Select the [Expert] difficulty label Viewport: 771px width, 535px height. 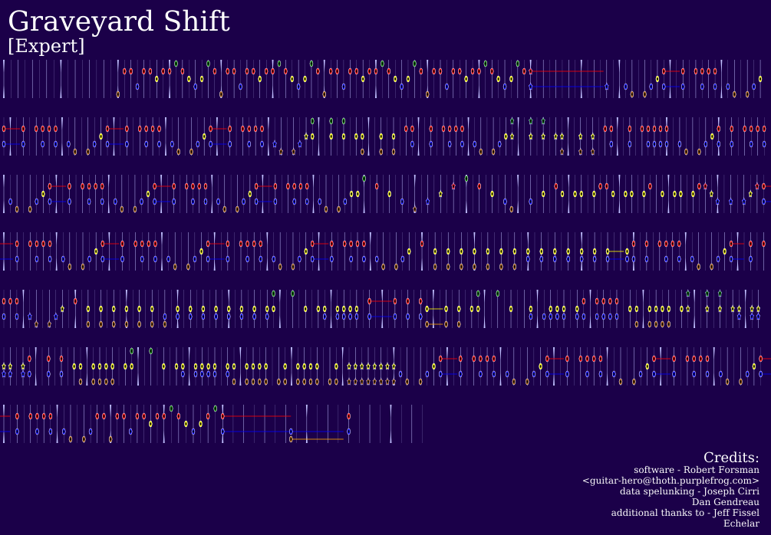tap(46, 46)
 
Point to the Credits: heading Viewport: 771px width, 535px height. tap(731, 458)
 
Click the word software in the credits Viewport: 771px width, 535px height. tap(654, 470)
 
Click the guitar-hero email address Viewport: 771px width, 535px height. tap(671, 481)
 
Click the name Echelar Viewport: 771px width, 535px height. tap(741, 524)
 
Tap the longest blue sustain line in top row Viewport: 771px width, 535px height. tap(568, 87)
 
